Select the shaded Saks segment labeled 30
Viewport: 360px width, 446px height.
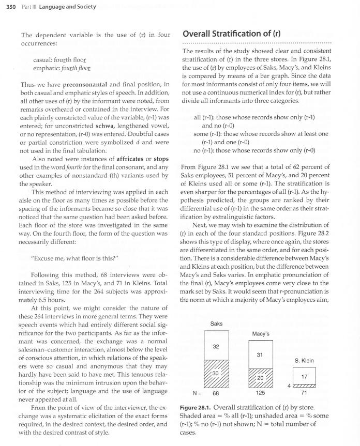click(x=217, y=373)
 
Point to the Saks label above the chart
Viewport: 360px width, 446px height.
click(x=217, y=324)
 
